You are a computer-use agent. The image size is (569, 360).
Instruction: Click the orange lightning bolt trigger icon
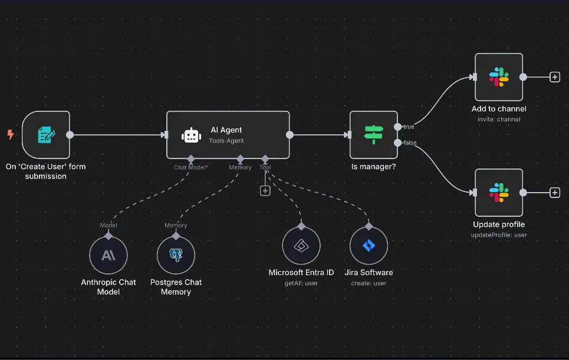click(11, 134)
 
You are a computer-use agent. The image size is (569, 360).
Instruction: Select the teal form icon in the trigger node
click(47, 134)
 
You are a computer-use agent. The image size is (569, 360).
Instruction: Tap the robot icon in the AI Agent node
click(191, 136)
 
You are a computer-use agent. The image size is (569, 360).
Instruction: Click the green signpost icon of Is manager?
click(373, 134)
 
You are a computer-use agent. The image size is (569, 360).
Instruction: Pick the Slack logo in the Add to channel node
click(499, 77)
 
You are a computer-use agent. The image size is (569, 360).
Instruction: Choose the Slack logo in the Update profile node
click(499, 193)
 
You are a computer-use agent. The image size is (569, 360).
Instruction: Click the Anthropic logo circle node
click(108, 255)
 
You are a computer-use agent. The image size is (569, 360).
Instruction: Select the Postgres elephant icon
click(176, 255)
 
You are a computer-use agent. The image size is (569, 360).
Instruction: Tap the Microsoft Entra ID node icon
click(301, 246)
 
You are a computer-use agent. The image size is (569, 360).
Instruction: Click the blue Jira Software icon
click(369, 246)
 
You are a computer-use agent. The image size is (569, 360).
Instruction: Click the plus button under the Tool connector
click(265, 191)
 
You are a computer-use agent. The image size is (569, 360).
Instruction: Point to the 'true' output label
click(409, 127)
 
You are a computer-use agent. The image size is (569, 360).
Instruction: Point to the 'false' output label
click(410, 143)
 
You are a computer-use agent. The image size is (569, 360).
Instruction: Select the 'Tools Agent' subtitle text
click(226, 141)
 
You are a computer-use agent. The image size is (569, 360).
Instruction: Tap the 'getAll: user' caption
click(301, 283)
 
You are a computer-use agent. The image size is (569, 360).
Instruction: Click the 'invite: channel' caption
click(499, 119)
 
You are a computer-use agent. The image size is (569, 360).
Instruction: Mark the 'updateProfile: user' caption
click(499, 235)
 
